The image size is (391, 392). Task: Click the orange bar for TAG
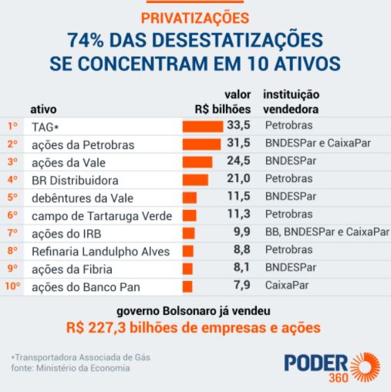[203, 127]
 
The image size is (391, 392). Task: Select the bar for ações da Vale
[197, 162]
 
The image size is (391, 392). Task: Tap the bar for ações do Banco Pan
[187, 287]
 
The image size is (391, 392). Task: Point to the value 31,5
[238, 143]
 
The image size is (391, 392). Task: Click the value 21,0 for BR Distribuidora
[238, 178]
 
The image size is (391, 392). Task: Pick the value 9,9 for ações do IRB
[242, 231]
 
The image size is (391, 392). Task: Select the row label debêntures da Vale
[83, 198]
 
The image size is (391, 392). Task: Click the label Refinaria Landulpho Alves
[100, 252]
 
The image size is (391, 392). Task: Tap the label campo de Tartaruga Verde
[102, 216]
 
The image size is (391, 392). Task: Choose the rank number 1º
[12, 127]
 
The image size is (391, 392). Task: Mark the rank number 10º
[12, 286]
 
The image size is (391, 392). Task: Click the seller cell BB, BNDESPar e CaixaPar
[327, 231]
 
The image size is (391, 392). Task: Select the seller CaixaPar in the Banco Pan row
[287, 286]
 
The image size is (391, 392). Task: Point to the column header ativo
[43, 110]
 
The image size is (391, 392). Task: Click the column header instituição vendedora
[292, 102]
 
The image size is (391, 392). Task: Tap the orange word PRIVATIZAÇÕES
[195, 18]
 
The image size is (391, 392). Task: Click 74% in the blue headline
[86, 40]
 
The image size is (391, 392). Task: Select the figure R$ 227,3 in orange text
[96, 328]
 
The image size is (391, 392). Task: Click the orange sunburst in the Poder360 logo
[366, 367]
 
